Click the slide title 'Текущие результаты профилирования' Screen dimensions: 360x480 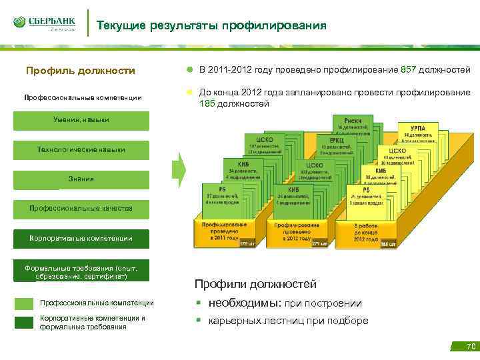211,26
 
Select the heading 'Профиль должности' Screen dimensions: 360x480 80,71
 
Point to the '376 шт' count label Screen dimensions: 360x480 247,244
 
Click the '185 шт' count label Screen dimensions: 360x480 388,245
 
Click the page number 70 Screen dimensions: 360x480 471,346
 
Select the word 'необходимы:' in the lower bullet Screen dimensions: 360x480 245,303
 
